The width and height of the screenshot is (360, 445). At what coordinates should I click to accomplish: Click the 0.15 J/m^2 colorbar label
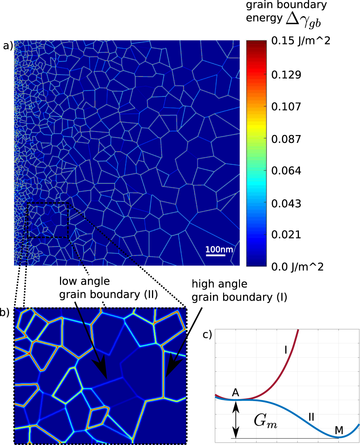point(301,41)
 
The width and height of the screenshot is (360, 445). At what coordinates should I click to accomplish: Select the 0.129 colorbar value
point(286,75)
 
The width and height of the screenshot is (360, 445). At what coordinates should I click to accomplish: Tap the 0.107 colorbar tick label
point(286,107)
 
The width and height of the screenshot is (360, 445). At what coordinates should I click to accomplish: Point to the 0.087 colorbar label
point(286,139)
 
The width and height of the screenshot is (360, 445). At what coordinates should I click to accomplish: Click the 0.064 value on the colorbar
point(286,171)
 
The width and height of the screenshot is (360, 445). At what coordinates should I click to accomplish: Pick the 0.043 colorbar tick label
point(286,203)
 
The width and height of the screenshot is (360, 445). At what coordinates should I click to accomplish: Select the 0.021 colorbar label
point(286,235)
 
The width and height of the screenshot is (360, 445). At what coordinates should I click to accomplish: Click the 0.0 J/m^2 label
point(297,267)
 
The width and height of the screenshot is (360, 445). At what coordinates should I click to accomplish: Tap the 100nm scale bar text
point(219,250)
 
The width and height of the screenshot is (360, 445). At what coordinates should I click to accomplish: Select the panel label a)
point(8,46)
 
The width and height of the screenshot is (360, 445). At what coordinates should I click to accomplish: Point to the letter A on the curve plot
point(236,392)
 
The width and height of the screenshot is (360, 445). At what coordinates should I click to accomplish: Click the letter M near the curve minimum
point(338,430)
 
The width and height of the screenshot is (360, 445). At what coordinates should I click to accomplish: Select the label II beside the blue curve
point(311,417)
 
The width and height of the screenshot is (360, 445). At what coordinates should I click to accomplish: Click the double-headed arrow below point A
point(236,419)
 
